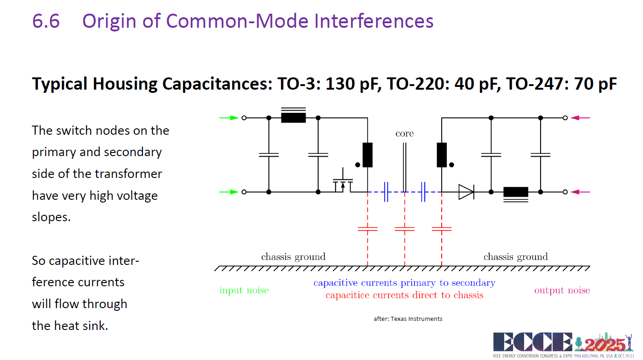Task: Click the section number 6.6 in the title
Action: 46,21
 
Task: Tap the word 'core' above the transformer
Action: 404,133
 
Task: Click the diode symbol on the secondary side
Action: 466,192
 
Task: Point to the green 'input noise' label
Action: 244,290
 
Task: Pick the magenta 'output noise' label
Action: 562,290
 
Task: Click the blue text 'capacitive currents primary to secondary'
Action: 404,283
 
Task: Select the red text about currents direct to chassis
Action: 404,295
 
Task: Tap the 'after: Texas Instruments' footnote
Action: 408,319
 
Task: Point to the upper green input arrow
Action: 229,117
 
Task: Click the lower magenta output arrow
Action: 580,192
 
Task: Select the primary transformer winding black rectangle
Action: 367,155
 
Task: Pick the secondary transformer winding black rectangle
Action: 441,155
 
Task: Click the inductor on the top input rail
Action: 293,116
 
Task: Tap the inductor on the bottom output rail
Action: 515,194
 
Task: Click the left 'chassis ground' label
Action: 293,256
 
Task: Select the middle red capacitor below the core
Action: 404,229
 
